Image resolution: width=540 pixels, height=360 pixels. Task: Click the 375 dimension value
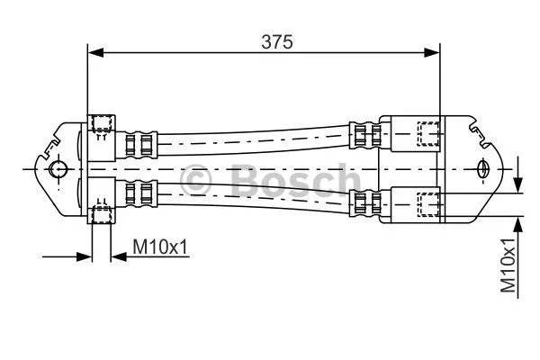pos(277,40)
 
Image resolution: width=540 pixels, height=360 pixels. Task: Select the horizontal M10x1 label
pos(161,246)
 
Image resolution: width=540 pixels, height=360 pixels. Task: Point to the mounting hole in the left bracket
pos(58,169)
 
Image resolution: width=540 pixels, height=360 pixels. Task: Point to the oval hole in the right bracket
pos(483,168)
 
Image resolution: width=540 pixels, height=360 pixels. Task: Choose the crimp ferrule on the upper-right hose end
pos(363,136)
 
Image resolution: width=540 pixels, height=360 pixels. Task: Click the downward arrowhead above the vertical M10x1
pos(519,185)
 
